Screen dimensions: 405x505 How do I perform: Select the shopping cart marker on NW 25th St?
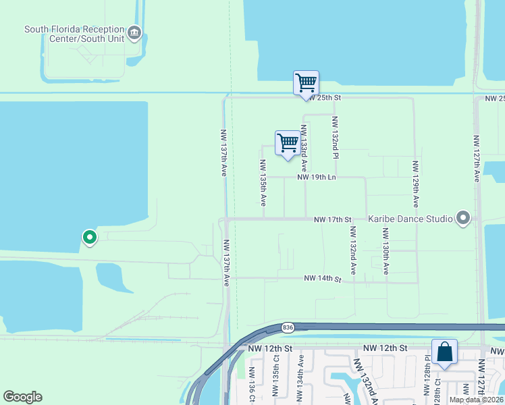306,84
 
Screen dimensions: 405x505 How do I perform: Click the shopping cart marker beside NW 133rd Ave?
288,144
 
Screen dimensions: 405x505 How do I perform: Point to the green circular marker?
89,237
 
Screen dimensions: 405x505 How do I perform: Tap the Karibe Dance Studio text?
410,219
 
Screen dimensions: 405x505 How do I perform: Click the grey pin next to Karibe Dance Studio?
462,218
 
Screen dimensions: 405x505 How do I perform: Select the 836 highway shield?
288,327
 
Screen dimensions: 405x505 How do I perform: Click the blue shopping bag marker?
444,352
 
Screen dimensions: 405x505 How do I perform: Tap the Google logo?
22,397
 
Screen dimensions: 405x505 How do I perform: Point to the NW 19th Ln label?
317,178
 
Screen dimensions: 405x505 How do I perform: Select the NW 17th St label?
333,219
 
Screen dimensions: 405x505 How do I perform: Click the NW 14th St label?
323,278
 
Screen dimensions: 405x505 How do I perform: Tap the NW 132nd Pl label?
334,136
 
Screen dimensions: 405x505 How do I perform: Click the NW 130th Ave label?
386,251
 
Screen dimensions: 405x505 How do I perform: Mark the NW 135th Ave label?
262,183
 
